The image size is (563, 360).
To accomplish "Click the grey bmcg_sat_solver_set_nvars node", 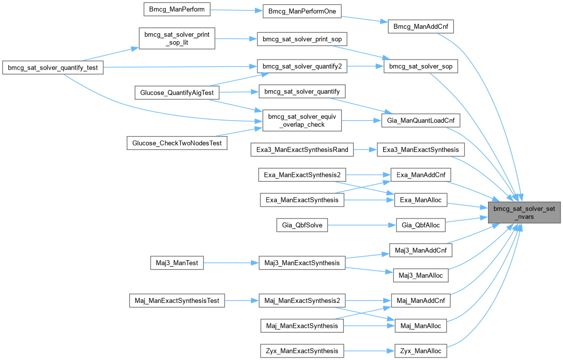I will (525, 213).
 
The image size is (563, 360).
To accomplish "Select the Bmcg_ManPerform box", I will (177, 8).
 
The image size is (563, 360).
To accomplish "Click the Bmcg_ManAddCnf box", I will (420, 26).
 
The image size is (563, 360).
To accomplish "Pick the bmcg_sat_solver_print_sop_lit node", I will (176, 38).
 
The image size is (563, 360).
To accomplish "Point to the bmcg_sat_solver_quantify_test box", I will (53, 68).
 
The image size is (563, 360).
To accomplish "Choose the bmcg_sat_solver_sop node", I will (420, 66).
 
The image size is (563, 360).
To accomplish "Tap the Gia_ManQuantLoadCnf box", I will (420, 120).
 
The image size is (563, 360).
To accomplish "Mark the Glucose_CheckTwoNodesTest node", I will (177, 143).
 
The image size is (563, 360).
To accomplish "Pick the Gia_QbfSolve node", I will (302, 225).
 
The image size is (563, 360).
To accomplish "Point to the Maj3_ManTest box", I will (177, 263).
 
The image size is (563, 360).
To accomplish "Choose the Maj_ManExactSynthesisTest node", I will (177, 300).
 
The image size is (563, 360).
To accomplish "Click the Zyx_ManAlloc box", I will (420, 351).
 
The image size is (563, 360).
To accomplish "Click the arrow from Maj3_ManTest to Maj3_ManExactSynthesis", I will (231, 263).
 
